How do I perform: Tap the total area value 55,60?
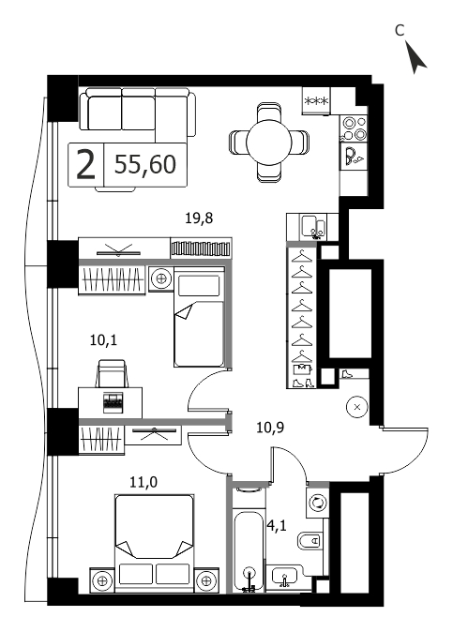[x=145, y=164]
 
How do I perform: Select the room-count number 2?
[x=86, y=164]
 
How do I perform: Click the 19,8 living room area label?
[x=199, y=218]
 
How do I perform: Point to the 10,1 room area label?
[x=103, y=340]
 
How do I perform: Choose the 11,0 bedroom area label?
[x=143, y=481]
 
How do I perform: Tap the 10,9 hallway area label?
[x=270, y=427]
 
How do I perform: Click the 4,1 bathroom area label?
[x=278, y=526]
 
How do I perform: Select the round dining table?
[x=269, y=143]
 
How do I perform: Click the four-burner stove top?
[x=354, y=128]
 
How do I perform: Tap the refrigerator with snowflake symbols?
[x=316, y=100]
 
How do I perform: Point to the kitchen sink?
[x=313, y=227]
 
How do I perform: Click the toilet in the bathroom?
[x=310, y=540]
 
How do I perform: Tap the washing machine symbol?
[x=318, y=503]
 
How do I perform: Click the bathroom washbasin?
[x=285, y=577]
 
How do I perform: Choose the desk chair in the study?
[x=112, y=373]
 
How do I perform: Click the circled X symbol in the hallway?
[x=357, y=407]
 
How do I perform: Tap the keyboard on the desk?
[x=113, y=402]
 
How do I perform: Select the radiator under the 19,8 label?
[x=201, y=248]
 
